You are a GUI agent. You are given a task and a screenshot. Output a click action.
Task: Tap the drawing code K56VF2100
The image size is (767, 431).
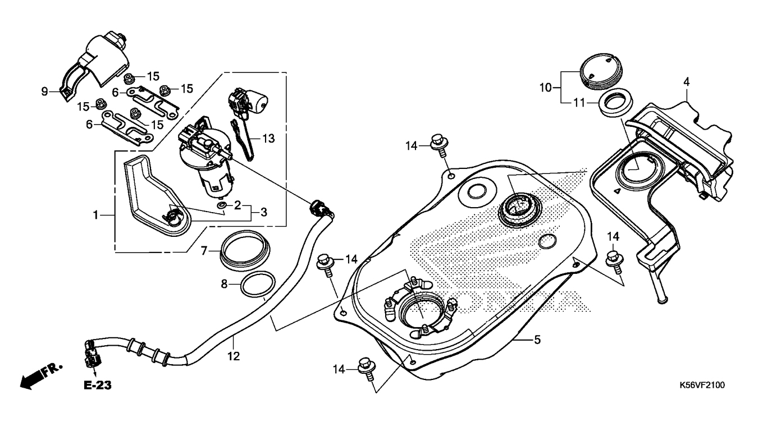[x=702, y=385]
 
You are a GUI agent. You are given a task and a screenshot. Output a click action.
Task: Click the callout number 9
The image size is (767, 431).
[x=44, y=91]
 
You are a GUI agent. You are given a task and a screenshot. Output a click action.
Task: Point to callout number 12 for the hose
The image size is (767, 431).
[x=234, y=356]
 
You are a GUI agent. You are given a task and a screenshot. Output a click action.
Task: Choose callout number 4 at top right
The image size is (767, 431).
[x=686, y=82]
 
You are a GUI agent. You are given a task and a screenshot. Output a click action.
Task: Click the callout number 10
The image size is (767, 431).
[x=546, y=88]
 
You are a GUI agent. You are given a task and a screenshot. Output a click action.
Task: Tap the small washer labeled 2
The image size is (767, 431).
[x=222, y=208]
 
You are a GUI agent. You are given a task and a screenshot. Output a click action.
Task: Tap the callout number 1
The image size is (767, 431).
[x=95, y=214]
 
